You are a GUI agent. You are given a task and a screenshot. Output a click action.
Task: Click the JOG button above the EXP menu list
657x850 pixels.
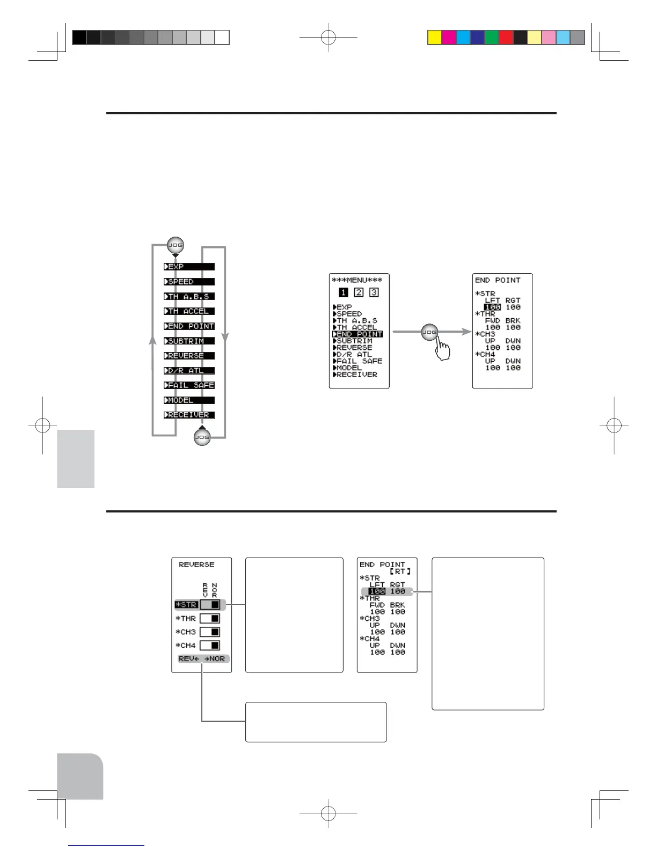176,245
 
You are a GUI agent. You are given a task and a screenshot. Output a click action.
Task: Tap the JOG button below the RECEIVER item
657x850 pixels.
202,437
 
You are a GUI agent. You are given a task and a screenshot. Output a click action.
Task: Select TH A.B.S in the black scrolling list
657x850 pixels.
189,296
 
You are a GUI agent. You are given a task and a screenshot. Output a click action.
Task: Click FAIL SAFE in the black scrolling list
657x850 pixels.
189,385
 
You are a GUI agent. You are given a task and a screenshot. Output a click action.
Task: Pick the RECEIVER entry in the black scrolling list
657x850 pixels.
189,415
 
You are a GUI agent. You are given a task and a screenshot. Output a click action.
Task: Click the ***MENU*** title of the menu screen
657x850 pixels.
357,280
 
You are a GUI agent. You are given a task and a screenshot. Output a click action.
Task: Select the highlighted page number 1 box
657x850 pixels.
344,292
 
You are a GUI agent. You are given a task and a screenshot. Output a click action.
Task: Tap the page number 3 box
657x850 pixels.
374,292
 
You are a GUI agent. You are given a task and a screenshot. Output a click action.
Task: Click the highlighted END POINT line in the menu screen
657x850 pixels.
357,334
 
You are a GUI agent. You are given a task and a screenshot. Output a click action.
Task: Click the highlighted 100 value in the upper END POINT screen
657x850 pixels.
492,307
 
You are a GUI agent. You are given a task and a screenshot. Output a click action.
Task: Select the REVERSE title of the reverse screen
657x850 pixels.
196,565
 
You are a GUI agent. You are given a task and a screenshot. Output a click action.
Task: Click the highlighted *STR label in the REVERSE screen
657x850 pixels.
186,605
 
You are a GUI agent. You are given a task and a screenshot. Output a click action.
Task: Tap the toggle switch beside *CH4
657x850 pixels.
210,646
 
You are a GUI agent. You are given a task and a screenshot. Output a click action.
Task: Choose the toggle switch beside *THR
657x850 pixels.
210,619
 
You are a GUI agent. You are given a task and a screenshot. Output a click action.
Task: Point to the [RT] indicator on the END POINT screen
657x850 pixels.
400,571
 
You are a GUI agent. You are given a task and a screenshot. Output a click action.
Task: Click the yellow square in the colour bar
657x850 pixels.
435,38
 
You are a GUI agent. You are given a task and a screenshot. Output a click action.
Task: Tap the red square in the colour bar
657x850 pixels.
506,38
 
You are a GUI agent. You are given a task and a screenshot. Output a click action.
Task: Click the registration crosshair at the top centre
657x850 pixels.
328,38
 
